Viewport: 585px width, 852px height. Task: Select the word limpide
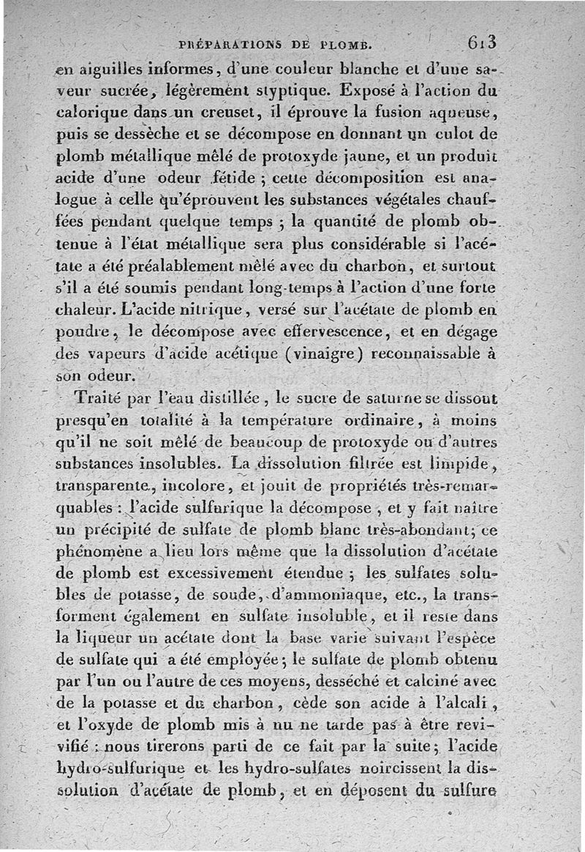tap(458, 464)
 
